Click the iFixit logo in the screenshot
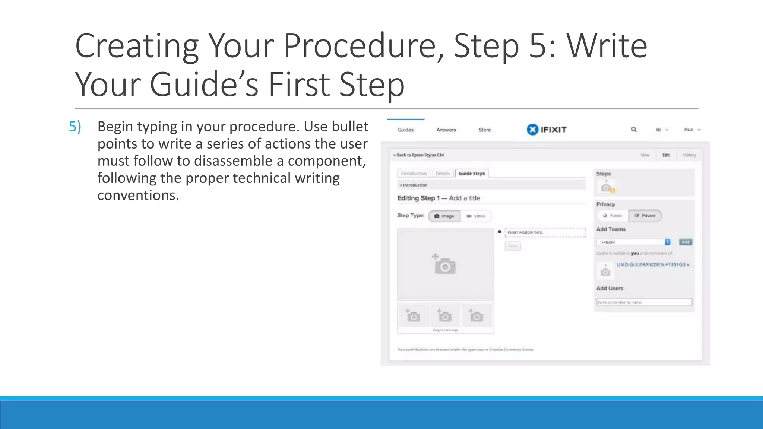547,130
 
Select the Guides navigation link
405,130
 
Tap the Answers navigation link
446,130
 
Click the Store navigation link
484,130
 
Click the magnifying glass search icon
634,130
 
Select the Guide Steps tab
472,174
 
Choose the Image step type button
444,216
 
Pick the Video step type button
476,216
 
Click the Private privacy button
645,216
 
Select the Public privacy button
613,216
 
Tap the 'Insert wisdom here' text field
545,232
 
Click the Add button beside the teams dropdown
685,242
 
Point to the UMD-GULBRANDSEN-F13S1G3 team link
650,265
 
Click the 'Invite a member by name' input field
644,302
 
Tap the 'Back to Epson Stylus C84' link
419,155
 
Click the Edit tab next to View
666,155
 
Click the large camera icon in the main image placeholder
445,265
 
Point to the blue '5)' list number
75,127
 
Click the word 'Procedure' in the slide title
360,46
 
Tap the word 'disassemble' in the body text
238,161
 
